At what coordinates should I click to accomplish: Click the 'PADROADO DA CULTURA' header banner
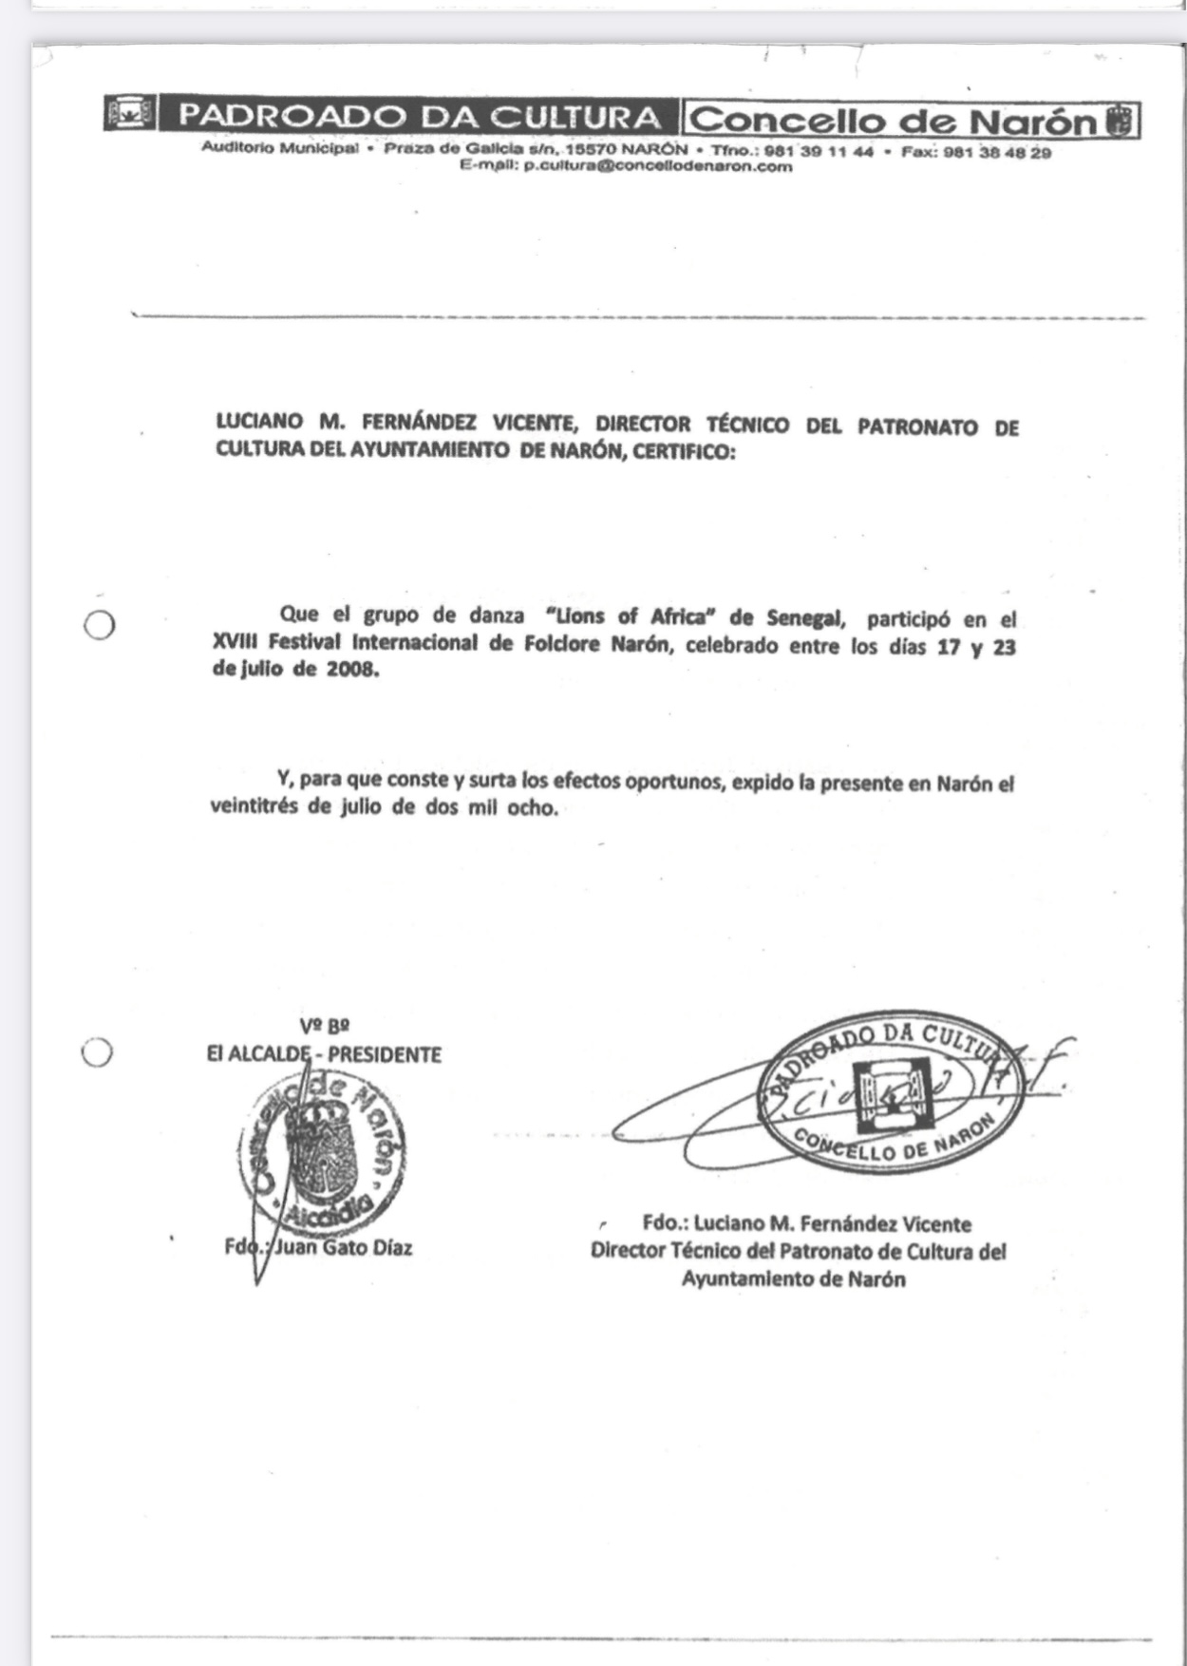pos(419,118)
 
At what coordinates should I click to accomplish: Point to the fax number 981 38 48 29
pos(997,152)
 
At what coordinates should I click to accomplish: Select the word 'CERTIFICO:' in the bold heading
pos(684,452)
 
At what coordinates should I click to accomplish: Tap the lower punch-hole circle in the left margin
pos(98,1051)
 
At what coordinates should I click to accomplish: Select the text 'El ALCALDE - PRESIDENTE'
pos(324,1054)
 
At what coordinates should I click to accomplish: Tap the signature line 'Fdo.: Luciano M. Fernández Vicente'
pos(807,1223)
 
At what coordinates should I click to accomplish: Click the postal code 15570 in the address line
pos(589,152)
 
